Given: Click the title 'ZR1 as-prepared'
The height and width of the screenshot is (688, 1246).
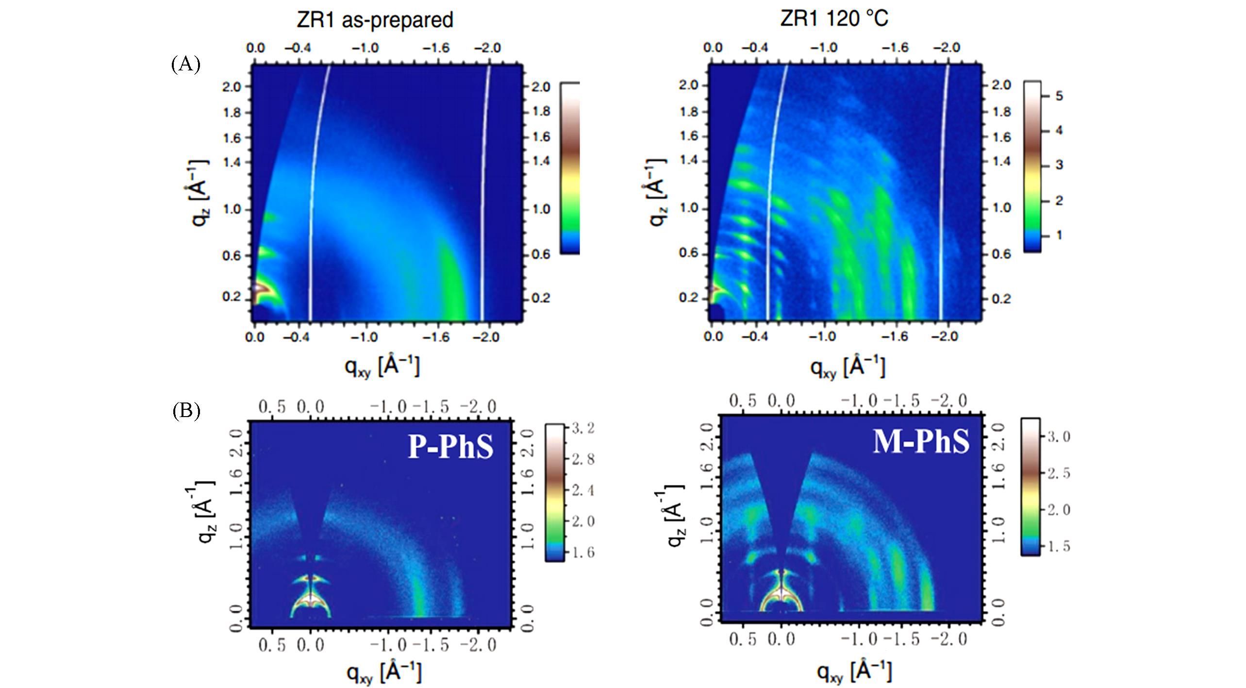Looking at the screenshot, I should [x=375, y=20].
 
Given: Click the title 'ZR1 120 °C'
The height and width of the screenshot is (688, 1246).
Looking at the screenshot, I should [x=834, y=19].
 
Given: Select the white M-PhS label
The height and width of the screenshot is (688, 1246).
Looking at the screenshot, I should [x=921, y=442].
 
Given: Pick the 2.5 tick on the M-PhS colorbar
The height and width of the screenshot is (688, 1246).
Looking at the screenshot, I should [x=1058, y=473].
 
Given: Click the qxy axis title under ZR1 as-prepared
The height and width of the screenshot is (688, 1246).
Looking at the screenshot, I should [x=382, y=366].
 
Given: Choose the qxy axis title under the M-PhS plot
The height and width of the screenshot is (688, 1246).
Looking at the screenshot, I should [x=854, y=671].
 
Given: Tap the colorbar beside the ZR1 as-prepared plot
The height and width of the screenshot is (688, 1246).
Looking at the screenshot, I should [x=570, y=168].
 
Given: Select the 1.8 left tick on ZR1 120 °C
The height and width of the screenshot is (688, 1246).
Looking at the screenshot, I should [x=688, y=112].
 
